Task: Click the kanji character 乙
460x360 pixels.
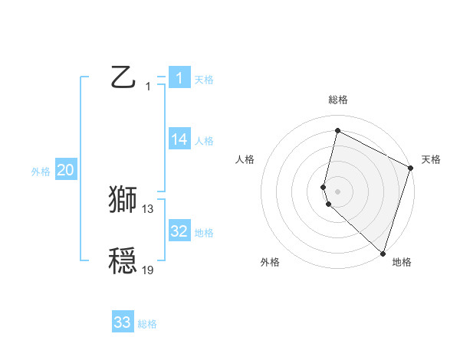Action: (123, 77)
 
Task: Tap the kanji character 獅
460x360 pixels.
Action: (123, 199)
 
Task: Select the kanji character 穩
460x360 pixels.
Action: (123, 260)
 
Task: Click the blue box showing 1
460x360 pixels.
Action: (179, 77)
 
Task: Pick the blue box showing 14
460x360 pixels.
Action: (179, 139)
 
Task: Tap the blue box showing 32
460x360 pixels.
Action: (179, 231)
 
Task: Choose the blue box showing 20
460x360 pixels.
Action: (66, 170)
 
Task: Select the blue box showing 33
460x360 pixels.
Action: (123, 322)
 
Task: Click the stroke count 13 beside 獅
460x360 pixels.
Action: (148, 208)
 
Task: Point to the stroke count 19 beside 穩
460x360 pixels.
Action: (148, 270)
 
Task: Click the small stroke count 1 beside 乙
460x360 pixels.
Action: (148, 87)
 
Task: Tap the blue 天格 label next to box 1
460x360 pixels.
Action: (204, 80)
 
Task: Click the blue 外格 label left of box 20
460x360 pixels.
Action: (41, 172)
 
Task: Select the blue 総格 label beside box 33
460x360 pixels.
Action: (147, 325)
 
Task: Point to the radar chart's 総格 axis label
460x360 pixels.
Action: (337, 100)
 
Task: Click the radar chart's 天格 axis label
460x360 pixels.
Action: (431, 160)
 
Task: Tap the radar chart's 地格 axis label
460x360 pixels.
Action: (402, 263)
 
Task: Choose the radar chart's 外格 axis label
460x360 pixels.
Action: (270, 263)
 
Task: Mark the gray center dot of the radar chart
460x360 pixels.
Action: (337, 191)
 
